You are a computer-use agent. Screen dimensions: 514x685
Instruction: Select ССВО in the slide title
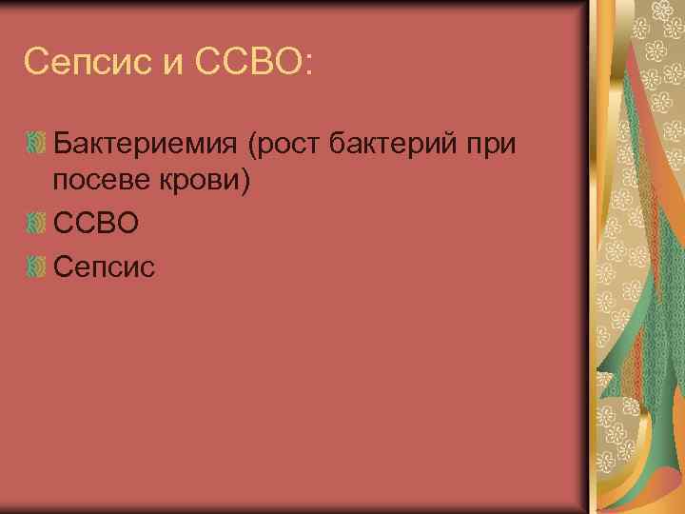pyautogui.click(x=242, y=63)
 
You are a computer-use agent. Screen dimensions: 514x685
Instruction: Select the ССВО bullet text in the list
pyautogui.click(x=96, y=225)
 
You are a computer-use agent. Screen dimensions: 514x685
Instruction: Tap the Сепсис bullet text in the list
pyautogui.click(x=104, y=267)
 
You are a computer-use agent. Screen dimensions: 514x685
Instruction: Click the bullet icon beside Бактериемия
pyautogui.click(x=37, y=145)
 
